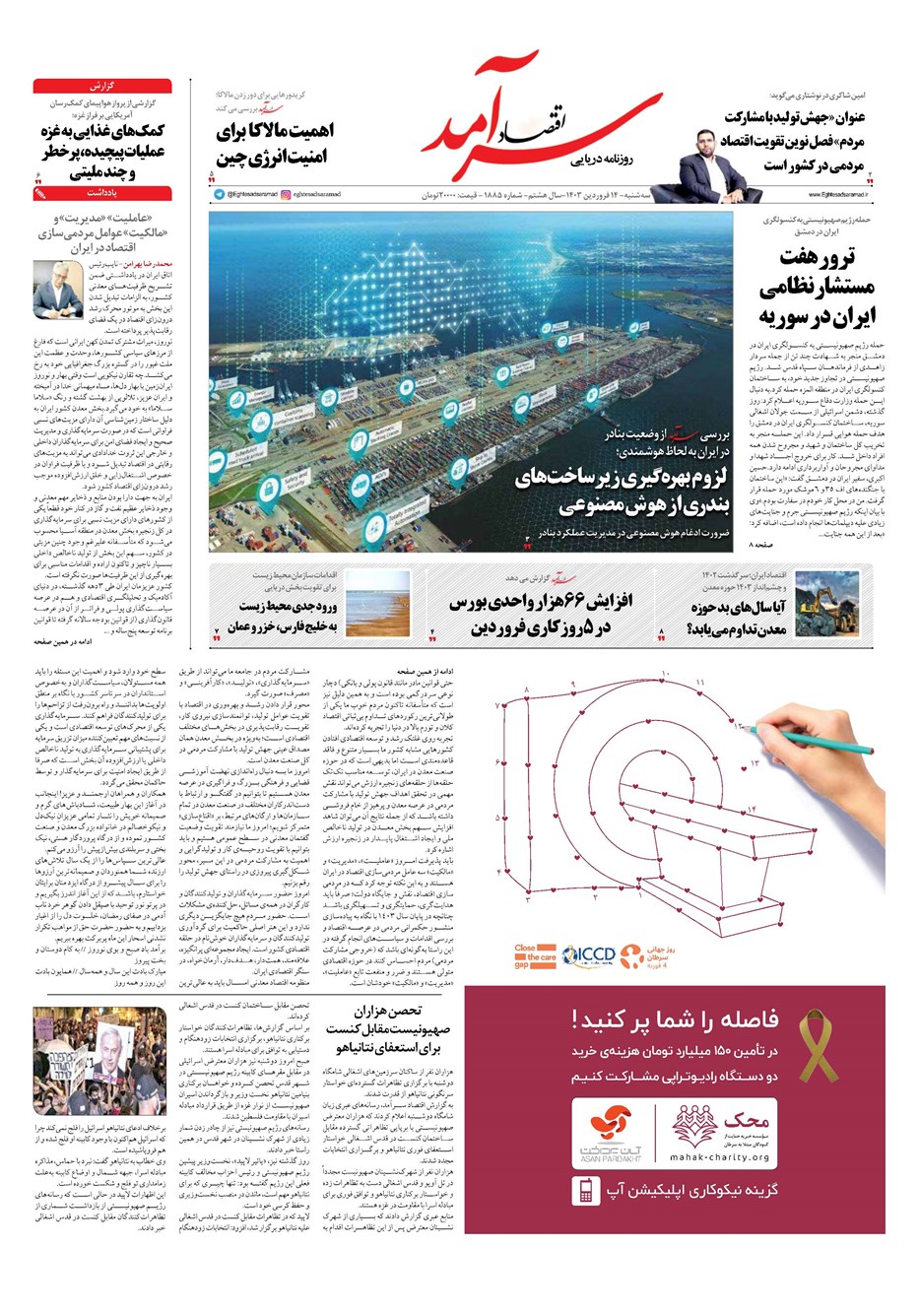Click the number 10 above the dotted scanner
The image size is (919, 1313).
tap(666, 675)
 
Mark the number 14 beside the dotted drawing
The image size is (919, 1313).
tap(752, 810)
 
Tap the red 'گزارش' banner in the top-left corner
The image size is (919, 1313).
tap(102, 86)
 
